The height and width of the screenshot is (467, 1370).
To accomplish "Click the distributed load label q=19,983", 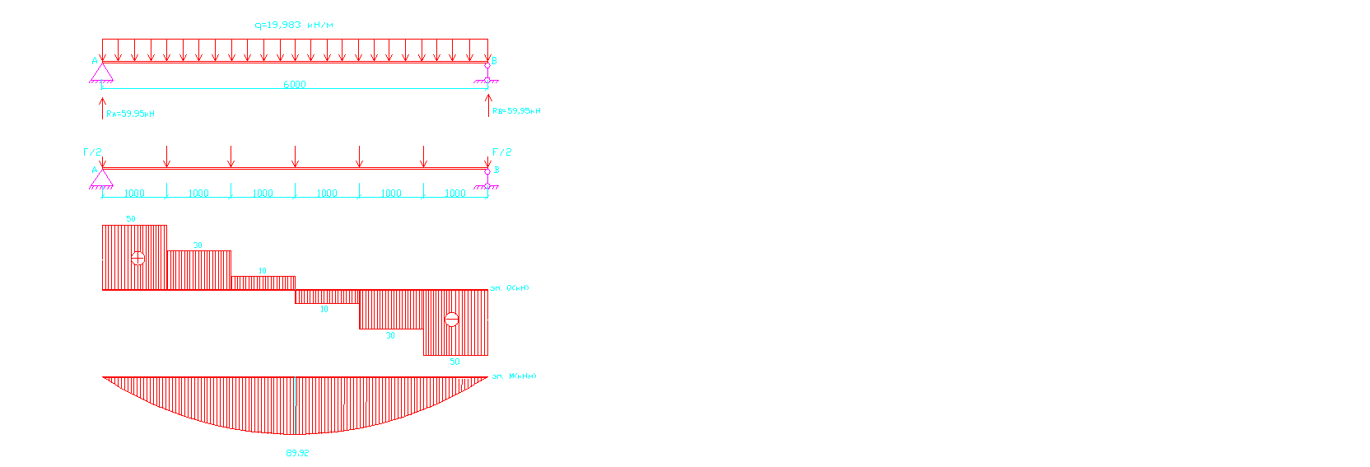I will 294,25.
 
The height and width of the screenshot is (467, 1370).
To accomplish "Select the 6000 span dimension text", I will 295,84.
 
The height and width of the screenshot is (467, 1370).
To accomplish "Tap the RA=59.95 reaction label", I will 130,114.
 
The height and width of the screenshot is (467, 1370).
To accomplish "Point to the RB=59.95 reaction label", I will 516,110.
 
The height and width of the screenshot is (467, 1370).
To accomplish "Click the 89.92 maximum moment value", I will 297,453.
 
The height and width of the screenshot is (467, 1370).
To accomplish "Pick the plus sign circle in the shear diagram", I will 138,258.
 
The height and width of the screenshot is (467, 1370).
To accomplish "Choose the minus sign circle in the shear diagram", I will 451,319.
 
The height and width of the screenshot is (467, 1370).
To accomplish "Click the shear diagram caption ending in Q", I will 510,288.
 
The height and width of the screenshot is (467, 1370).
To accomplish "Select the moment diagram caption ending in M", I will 514,376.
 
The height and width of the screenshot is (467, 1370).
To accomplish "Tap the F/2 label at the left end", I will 92,152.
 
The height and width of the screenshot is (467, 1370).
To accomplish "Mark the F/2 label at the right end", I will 501,152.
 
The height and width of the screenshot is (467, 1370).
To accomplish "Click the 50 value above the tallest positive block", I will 131,219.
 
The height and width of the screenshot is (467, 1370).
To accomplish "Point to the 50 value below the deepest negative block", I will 454,362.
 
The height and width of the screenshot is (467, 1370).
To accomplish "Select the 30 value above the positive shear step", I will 198,245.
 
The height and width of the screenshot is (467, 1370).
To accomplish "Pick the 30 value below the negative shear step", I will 390,335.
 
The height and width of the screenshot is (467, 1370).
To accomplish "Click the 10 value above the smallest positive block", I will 263,271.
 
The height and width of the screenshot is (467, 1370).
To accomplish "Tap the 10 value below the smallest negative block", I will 324,310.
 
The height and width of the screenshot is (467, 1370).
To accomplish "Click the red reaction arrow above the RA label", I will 102,107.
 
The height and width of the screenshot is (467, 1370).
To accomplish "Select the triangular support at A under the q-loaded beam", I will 101,73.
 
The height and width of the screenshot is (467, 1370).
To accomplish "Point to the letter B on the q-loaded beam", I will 494,61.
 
